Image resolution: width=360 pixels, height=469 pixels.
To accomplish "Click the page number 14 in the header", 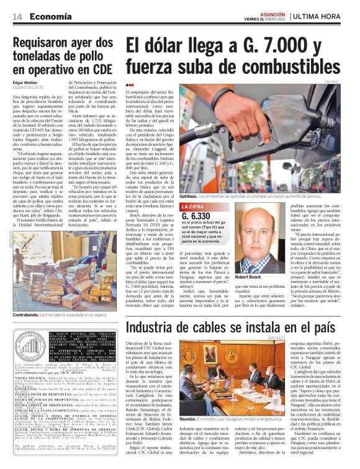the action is click(16, 16).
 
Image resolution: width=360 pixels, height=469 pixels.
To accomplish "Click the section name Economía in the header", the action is click(49, 16).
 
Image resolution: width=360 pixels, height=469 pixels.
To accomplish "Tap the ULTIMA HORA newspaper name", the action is click(325, 16).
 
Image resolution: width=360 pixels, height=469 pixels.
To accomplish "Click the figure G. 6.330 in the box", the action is click(197, 217).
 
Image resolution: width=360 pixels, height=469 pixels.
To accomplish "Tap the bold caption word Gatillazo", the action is click(192, 196).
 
